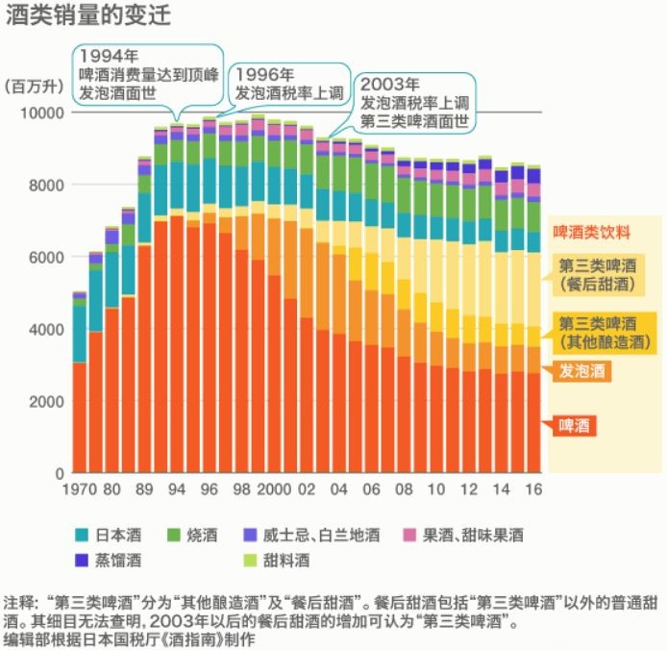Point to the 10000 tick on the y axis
(x=41, y=112)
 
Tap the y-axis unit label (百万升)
(x=35, y=87)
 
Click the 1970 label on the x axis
(x=80, y=489)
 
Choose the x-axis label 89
(x=145, y=489)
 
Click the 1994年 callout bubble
(x=149, y=64)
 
